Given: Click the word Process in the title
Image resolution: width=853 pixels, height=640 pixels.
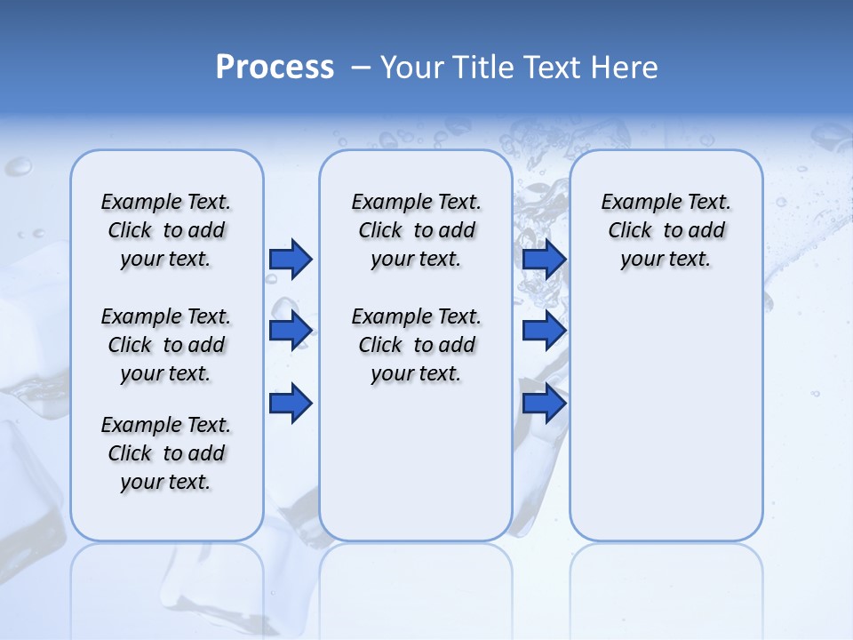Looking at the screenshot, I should click(275, 68).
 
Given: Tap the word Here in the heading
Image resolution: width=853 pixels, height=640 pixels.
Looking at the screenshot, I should click(624, 68).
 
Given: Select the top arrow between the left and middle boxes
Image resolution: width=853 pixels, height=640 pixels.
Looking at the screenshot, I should click(291, 259).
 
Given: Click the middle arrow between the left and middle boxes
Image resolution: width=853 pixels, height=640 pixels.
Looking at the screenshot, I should click(291, 331).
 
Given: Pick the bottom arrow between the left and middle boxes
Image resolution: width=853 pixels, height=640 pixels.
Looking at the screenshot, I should click(291, 404).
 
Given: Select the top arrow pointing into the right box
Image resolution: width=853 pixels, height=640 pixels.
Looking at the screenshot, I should click(544, 259).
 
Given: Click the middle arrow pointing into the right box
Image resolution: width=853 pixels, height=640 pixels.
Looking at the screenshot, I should click(544, 331).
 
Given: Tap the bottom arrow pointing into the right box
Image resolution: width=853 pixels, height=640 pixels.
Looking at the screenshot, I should click(544, 404).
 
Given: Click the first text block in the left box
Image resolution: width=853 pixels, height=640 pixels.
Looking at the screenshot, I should click(166, 230).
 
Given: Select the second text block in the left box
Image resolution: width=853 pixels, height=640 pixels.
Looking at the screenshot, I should click(166, 345).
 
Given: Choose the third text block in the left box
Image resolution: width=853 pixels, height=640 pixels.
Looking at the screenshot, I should click(166, 453).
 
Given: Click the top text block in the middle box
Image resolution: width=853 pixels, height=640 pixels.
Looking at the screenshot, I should click(416, 230).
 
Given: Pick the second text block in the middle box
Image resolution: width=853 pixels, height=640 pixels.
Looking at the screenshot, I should click(416, 345).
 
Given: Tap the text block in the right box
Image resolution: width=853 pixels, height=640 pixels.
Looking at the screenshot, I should click(666, 230).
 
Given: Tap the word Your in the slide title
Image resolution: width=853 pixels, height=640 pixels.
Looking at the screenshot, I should click(411, 68).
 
